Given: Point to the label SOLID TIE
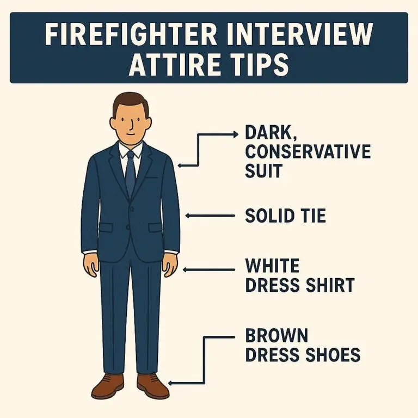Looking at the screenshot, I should [285, 216].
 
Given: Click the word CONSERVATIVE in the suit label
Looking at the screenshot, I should [308, 151].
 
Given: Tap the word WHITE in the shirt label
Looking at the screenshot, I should [272, 266].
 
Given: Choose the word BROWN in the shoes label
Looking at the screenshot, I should [276, 335].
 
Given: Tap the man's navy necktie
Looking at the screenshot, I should [131, 171].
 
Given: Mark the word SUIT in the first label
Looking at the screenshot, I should [263, 171].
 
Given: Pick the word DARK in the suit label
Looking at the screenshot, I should [266, 132].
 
